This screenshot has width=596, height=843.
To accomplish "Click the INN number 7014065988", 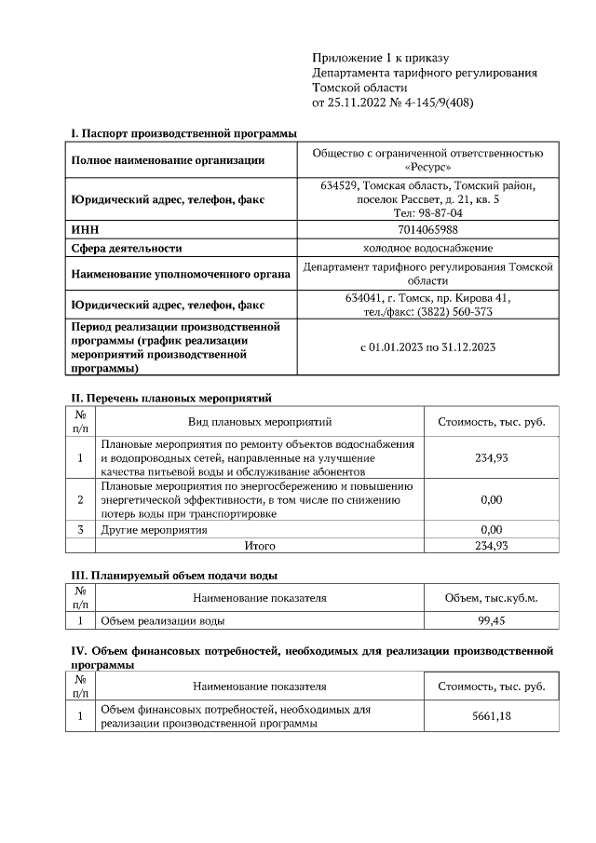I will click(x=429, y=229).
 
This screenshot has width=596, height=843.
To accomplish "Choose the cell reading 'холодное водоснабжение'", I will click(x=428, y=248).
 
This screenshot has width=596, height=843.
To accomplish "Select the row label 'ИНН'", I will click(x=85, y=229).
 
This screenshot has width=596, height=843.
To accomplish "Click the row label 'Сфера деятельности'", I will click(x=127, y=248).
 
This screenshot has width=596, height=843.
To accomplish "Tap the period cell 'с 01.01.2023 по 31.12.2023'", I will click(x=428, y=347).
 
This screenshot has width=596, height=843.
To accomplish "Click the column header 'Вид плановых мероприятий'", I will click(x=260, y=422).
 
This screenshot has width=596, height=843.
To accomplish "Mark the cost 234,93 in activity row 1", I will click(x=491, y=457).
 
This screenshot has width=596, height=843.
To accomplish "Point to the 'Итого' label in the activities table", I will click(x=260, y=545).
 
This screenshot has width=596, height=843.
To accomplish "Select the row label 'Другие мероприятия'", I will click(x=154, y=529).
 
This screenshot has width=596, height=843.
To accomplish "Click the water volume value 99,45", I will click(x=491, y=619).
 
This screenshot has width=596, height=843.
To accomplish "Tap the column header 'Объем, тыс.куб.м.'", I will click(x=491, y=597).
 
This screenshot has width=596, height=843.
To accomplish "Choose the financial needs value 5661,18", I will click(x=491, y=715).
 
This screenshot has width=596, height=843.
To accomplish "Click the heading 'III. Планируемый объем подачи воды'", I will click(x=174, y=575).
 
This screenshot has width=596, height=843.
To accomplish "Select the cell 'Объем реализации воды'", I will click(x=162, y=619).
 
